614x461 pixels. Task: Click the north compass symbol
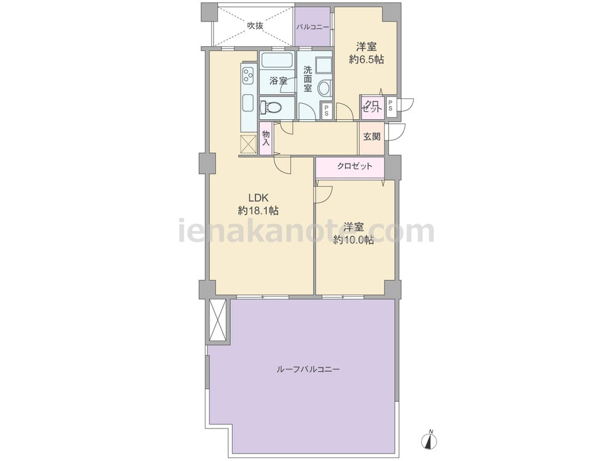[430, 440]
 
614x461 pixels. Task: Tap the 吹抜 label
[255, 26]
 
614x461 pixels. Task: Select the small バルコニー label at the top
[313, 28]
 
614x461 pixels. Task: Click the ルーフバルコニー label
[308, 369]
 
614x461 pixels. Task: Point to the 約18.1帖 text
[258, 211]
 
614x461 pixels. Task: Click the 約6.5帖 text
[366, 60]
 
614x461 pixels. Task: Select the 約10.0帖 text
[353, 240]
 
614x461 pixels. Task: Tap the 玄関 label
[371, 137]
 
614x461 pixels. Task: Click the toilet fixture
[271, 106]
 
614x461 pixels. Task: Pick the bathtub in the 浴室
[277, 61]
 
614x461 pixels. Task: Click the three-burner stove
[248, 75]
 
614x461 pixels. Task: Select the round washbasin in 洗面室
[324, 88]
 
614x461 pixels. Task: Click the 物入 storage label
[266, 138]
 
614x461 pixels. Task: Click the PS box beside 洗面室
[327, 111]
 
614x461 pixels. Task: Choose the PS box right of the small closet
[391, 106]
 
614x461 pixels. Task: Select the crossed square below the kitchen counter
[248, 144]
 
